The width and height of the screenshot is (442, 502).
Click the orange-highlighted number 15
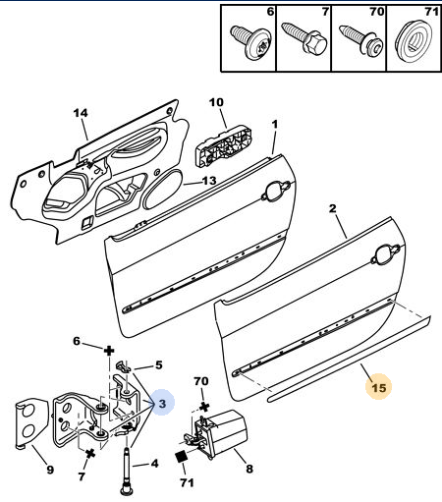(x=379, y=388)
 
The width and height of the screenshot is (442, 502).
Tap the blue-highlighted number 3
(x=162, y=404)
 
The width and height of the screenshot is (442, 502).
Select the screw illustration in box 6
(x=249, y=41)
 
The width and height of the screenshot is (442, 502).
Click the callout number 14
(x=81, y=113)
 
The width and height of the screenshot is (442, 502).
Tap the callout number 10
(x=216, y=102)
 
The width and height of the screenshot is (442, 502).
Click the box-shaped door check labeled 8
(x=218, y=433)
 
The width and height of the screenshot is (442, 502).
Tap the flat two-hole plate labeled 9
(x=32, y=422)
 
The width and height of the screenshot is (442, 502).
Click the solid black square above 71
(x=182, y=457)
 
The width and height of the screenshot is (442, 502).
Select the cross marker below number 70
(x=204, y=407)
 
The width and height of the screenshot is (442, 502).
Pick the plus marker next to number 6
(x=109, y=352)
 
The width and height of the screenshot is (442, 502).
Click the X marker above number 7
(x=90, y=453)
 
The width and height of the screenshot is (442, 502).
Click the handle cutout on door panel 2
(x=386, y=254)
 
